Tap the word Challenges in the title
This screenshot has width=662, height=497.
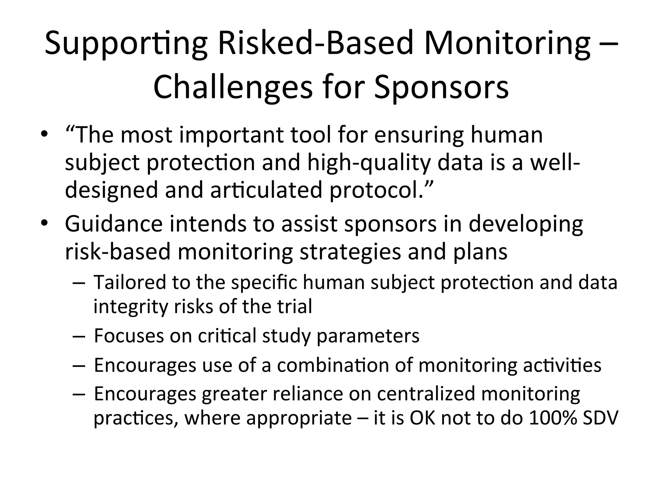coord(233,87)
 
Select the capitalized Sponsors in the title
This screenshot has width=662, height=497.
coord(441,87)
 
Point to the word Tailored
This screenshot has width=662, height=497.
coord(129,282)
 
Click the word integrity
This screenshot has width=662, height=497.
coord(131,307)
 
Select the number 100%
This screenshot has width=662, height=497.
coord(553,418)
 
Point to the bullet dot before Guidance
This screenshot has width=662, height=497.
coord(44,224)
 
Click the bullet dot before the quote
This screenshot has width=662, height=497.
coord(44,134)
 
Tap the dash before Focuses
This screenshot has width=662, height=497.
coord(79,337)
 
